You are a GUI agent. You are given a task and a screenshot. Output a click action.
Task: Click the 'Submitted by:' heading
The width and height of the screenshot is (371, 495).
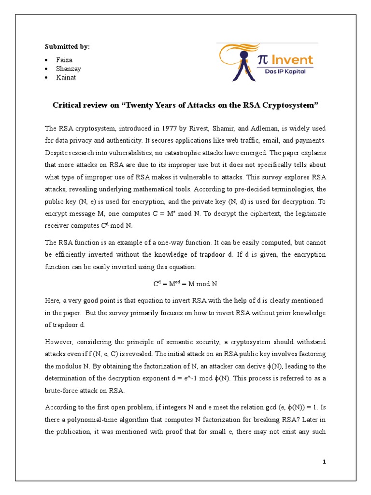tap(67, 46)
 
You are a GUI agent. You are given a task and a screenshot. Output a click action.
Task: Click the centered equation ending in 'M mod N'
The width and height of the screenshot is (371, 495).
tap(185, 284)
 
